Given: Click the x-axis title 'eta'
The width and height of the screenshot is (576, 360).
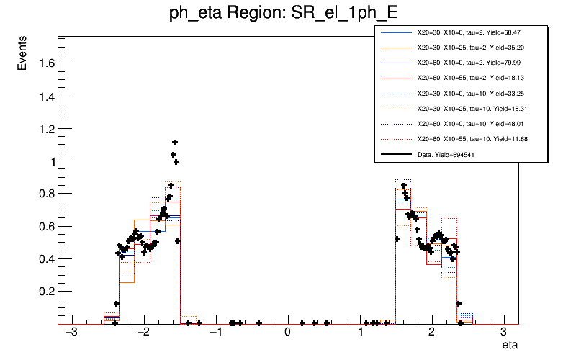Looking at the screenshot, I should click(510, 346).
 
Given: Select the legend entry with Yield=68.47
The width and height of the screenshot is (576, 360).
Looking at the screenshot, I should click(468, 33).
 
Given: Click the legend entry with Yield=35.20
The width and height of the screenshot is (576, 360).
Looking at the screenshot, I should click(468, 48).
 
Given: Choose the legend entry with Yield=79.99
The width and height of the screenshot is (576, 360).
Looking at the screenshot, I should click(468, 63).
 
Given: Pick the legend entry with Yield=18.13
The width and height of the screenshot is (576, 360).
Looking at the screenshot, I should click(468, 78).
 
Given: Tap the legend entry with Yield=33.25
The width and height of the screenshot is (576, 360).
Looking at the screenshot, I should click(468, 94).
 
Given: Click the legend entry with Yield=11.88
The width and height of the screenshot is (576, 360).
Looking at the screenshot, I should click(468, 139).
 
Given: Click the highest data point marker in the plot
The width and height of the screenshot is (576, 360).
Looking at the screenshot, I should click(174, 143).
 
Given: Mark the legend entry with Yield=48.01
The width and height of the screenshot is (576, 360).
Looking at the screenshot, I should click(468, 124).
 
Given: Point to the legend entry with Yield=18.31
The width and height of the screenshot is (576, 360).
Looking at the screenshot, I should click(468, 109).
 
